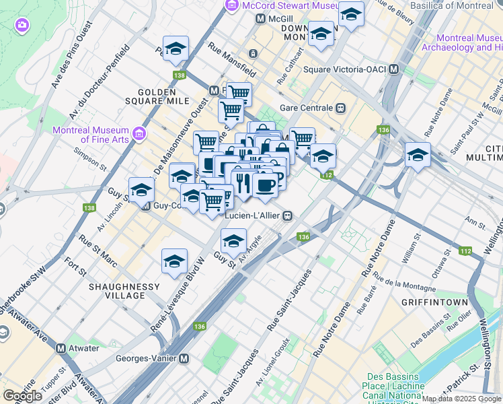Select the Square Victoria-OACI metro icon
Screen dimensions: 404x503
coord(394,69)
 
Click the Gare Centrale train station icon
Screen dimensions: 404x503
coord(341,108)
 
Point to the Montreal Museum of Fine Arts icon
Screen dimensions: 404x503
coord(140,134)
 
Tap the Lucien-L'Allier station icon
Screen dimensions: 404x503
coord(287,215)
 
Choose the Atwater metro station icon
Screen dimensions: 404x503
coord(61,348)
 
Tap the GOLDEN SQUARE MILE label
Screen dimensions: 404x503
coord(160,96)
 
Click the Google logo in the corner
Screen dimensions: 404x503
coord(22,396)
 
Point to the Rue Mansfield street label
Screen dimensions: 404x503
coord(232,58)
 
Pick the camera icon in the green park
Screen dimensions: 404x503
coord(22,25)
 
